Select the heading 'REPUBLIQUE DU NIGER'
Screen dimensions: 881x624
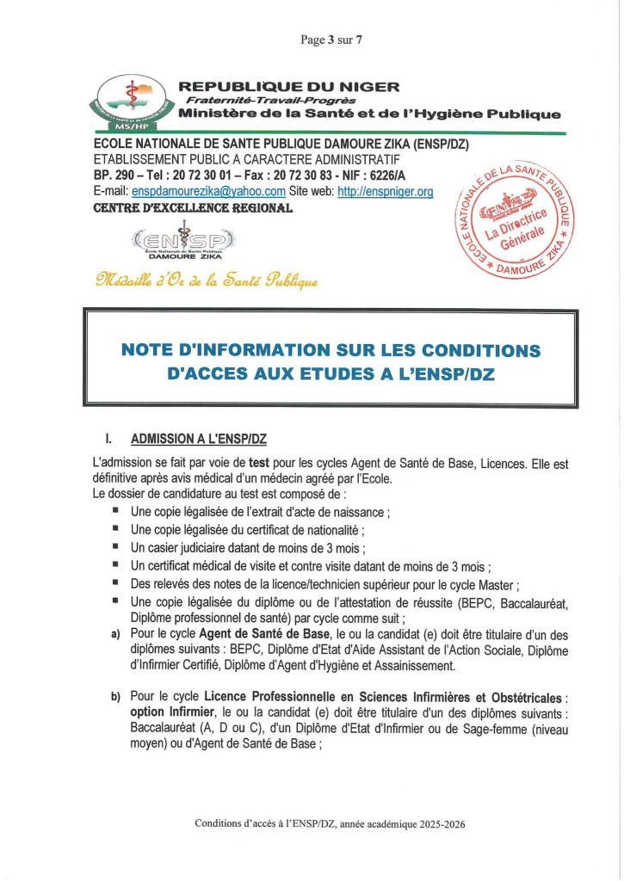click(x=287, y=87)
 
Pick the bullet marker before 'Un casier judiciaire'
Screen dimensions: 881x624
click(x=114, y=547)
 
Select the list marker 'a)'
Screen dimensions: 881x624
click(x=114, y=635)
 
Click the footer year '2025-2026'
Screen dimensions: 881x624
click(x=436, y=823)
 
